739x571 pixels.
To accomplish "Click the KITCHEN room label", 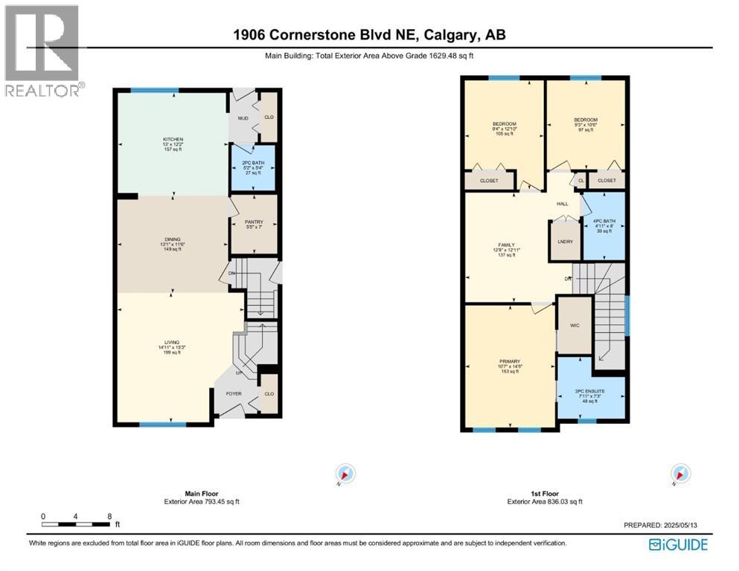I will pos(173,139).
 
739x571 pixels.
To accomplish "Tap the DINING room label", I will pos(173,239).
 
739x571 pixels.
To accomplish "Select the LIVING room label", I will pos(173,343).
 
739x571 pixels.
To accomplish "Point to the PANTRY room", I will pos(254,222).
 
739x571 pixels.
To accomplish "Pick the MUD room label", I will pos(243,117).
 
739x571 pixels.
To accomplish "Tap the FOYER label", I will pos(234,393).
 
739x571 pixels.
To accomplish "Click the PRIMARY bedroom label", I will pos(510,361).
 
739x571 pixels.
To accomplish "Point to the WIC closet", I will pos(574,325).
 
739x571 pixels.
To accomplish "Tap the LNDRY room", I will pos(563,241).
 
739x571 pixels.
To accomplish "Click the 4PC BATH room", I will pos(604,221).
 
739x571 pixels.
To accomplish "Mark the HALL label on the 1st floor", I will pos(562,203).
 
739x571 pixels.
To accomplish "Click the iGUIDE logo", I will pos(678,544).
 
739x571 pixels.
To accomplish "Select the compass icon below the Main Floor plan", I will pos(346,474).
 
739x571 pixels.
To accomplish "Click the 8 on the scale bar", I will pos(109,515).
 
